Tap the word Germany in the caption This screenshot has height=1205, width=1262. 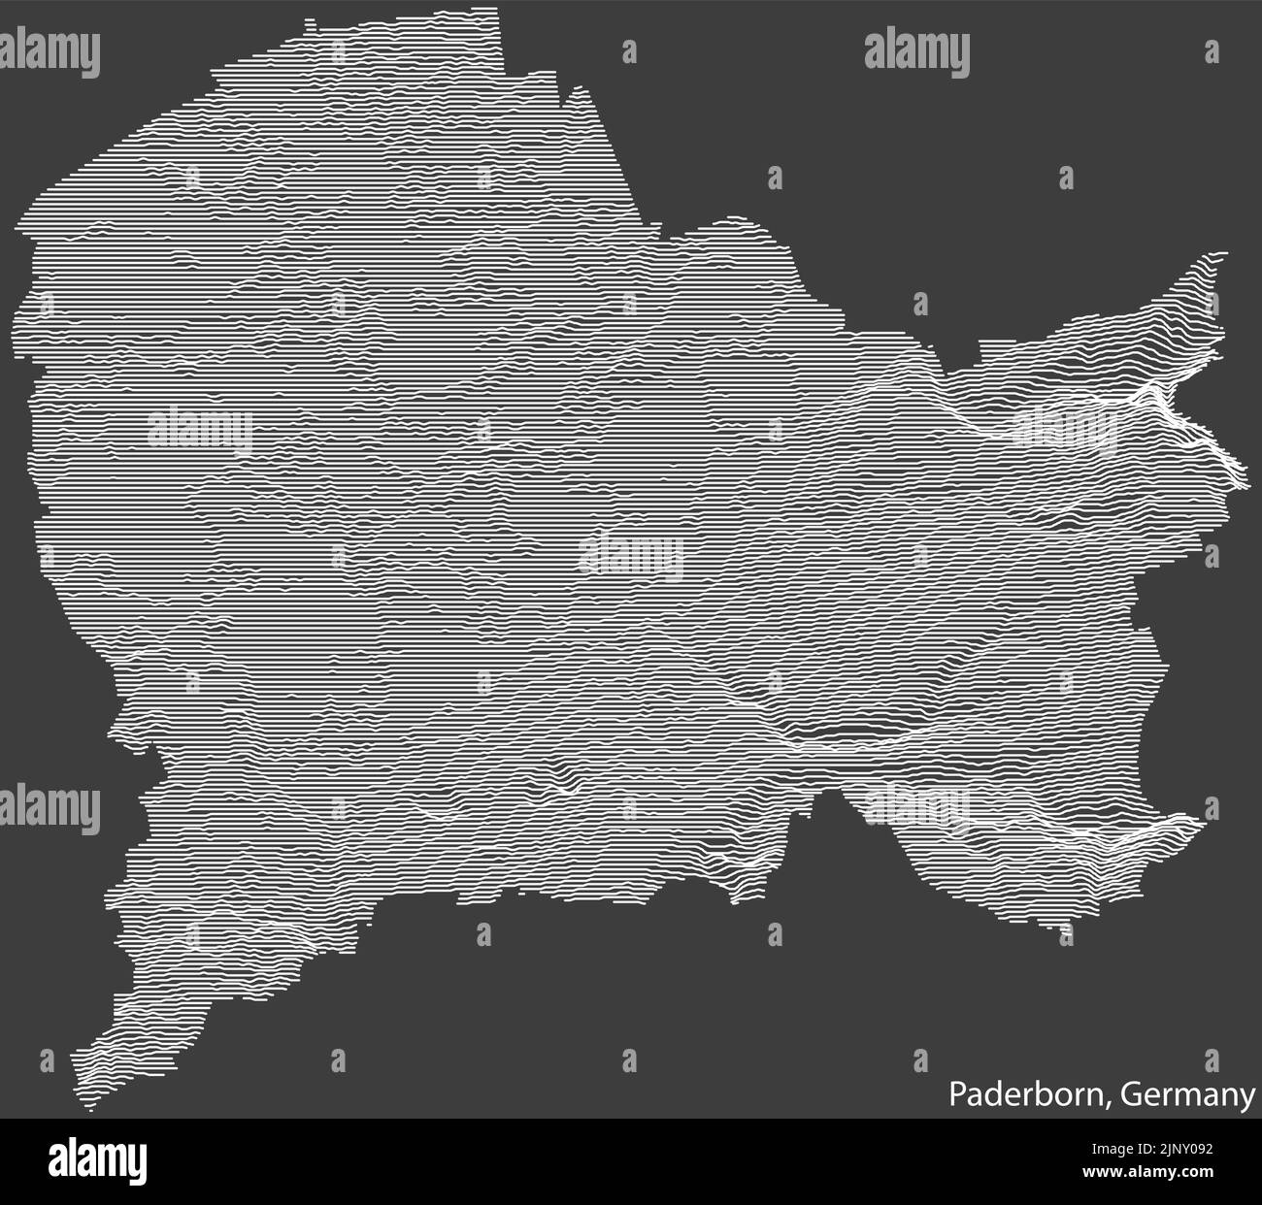point(1186,1096)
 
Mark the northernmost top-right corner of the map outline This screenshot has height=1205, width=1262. point(501,12)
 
